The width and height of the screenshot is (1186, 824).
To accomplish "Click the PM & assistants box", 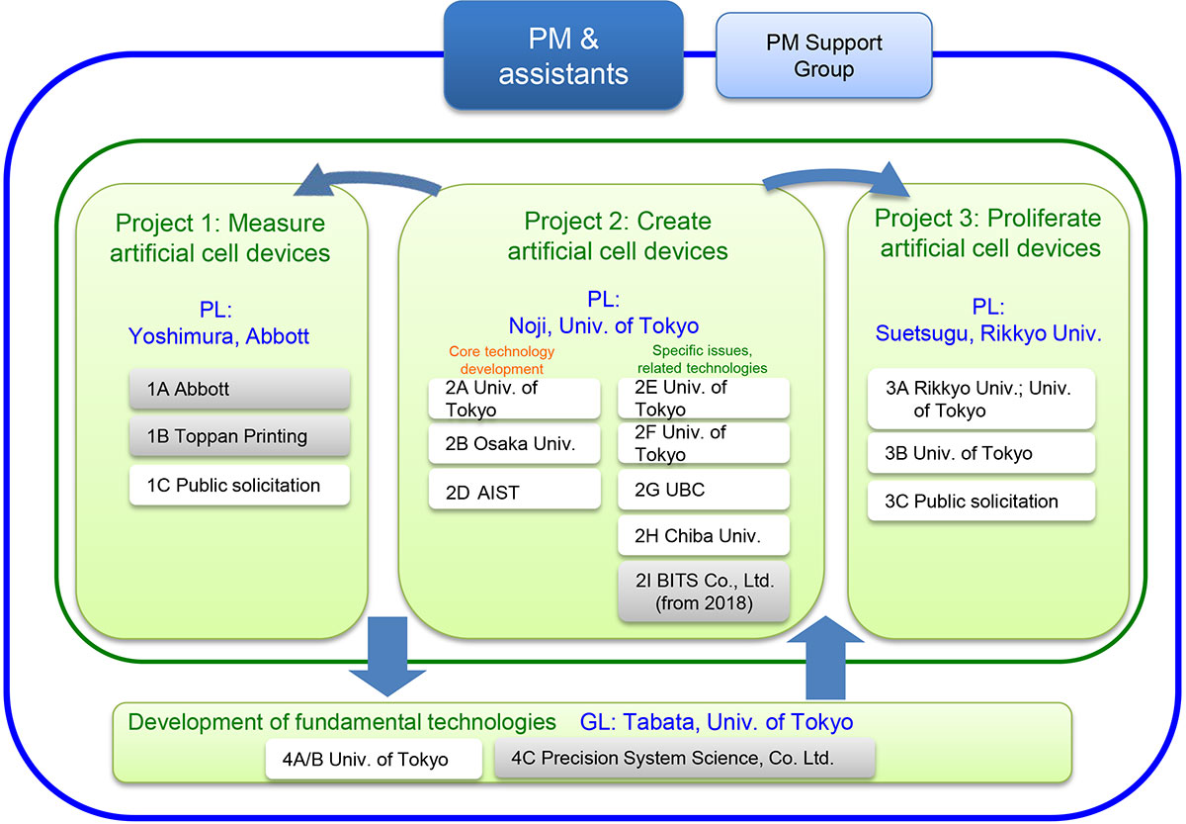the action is point(563,55).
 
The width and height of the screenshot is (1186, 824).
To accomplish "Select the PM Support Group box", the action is point(824,55).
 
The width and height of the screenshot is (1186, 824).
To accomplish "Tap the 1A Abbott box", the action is point(239,389).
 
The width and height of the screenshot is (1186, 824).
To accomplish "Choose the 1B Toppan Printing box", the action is point(239,436).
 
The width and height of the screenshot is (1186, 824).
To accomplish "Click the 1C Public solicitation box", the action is point(239,485).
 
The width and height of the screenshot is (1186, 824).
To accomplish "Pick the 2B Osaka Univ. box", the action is point(514,443).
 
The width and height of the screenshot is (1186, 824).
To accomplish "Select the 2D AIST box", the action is point(514,490).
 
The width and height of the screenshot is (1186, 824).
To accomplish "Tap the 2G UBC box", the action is point(704,490).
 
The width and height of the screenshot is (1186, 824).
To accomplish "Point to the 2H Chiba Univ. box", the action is point(704,536).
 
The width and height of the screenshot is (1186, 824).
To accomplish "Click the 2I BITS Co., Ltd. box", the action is point(704,592).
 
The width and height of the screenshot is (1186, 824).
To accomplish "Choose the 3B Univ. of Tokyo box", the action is point(981,453).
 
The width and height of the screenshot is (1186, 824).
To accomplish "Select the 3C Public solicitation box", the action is point(981,501).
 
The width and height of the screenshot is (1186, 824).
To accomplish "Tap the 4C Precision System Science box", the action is point(684,758).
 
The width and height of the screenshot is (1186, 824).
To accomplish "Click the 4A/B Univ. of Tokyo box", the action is point(374,759).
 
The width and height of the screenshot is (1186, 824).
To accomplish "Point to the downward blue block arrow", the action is point(387,657).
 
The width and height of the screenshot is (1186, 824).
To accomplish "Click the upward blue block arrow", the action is point(825,657).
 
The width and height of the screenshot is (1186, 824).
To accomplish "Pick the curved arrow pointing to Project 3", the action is point(836,176).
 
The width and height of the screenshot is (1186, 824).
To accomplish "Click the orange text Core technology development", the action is point(501,360).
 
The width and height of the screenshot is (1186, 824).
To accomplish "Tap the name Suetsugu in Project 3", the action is point(921,333).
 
